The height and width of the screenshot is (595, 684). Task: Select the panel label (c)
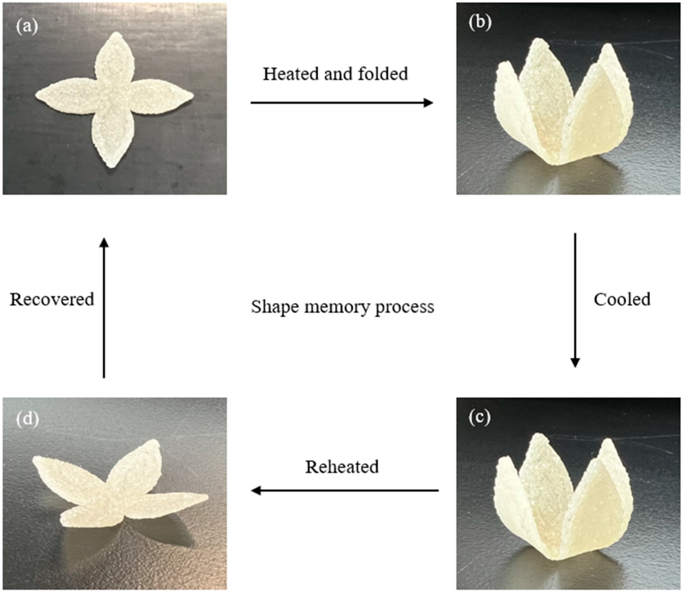click(x=480, y=418)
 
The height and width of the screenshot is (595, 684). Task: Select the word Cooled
click(x=622, y=299)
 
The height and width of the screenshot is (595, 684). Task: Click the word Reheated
click(x=342, y=467)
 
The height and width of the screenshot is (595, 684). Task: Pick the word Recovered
click(x=52, y=299)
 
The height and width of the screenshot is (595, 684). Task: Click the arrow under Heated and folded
click(x=341, y=103)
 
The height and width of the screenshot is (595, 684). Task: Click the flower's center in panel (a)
click(x=113, y=96)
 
